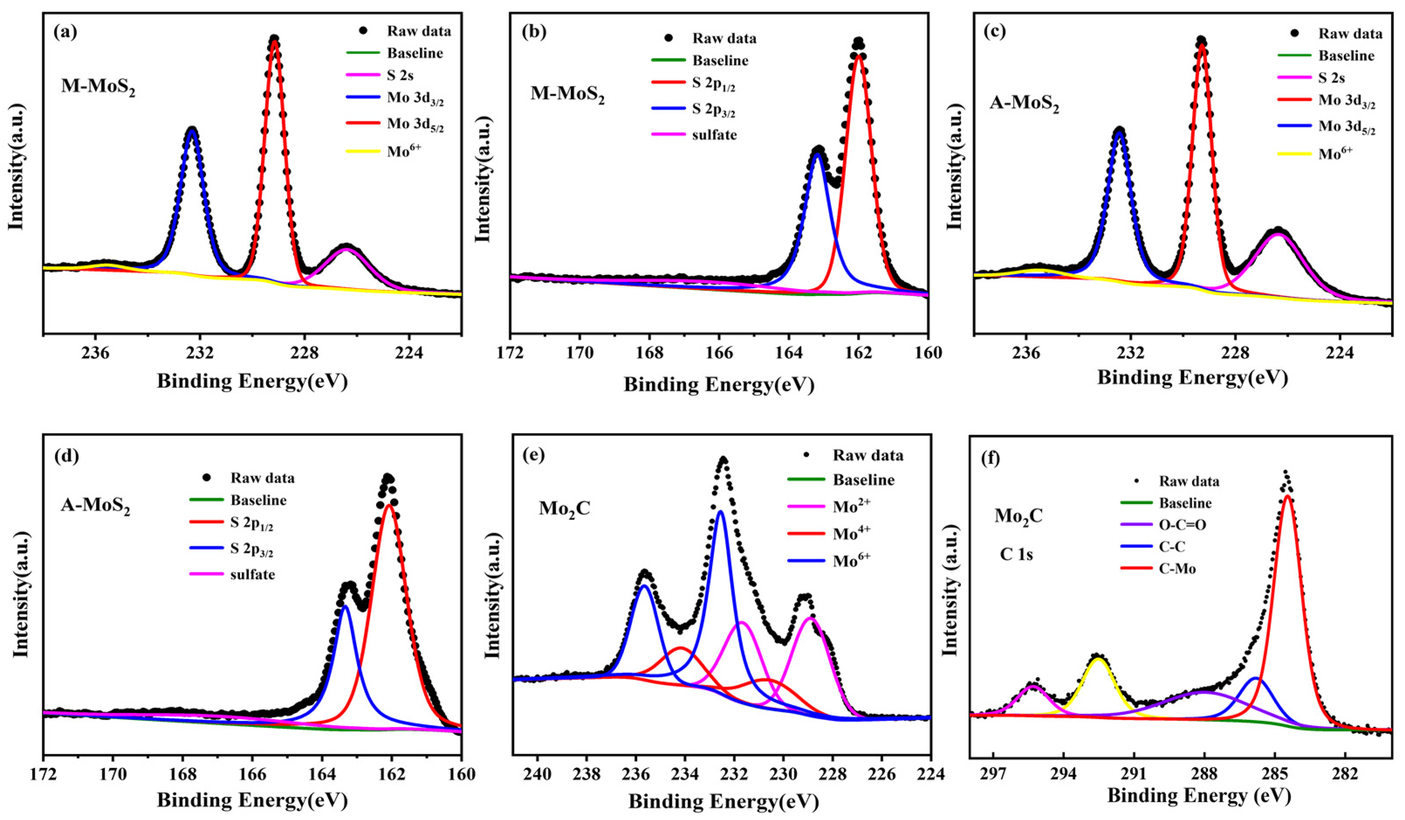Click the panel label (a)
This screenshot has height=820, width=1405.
(65, 32)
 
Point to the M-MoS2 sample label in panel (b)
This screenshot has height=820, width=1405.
(567, 94)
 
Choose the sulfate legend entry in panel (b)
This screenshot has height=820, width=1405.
(714, 134)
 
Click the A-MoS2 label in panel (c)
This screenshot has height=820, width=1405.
(1024, 104)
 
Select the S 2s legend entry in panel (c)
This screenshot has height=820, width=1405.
(1331, 78)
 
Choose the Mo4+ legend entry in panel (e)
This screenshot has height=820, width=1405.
(851, 534)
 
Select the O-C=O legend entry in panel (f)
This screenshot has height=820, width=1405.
(1182, 525)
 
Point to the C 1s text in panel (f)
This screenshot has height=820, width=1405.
(1015, 555)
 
